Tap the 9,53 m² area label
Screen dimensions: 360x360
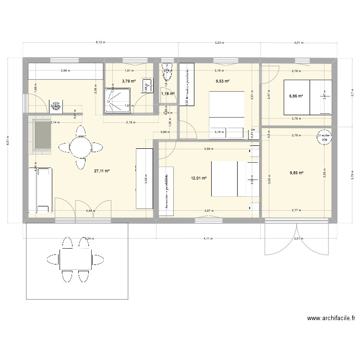223,81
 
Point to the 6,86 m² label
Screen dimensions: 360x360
296,96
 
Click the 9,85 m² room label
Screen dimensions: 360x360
296,173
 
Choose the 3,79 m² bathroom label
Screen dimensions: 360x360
129,81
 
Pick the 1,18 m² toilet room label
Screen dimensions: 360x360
167,94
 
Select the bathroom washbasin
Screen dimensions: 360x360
146,86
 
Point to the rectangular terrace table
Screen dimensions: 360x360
75,259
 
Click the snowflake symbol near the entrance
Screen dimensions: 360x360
57,105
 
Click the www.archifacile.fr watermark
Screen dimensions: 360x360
331,318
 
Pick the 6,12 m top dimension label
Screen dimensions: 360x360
100,43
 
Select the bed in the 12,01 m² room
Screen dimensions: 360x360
229,179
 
